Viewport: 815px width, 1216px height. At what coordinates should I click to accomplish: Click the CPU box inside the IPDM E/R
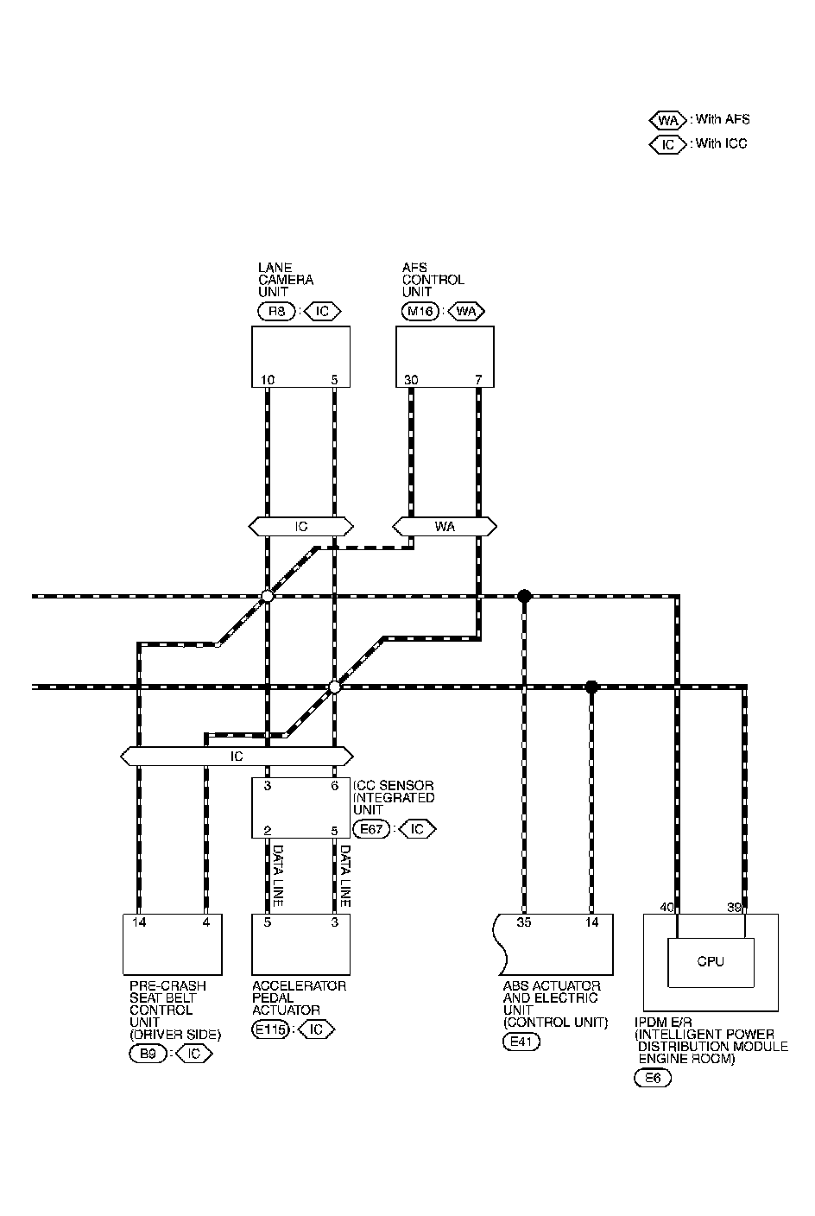711,961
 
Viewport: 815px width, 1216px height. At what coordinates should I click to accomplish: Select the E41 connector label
519,1042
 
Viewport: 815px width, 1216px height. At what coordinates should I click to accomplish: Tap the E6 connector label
652,1078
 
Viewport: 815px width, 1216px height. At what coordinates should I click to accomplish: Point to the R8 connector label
276,311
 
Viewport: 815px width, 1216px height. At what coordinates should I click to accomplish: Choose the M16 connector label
420,311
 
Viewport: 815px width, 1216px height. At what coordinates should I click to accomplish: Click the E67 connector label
372,829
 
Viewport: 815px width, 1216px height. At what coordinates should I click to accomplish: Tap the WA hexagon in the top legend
667,120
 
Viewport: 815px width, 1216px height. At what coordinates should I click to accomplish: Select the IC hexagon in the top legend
667,144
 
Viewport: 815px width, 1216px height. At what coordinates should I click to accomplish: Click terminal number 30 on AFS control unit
411,379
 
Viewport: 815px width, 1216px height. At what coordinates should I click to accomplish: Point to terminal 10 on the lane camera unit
268,379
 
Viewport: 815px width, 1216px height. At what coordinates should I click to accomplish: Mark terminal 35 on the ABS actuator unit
524,922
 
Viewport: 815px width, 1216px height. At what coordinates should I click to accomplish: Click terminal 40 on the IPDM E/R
667,907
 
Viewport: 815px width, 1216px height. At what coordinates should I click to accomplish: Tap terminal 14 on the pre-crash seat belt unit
139,922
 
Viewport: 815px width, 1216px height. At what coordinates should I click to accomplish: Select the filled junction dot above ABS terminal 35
524,596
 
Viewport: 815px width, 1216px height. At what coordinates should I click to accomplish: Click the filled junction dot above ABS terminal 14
591,687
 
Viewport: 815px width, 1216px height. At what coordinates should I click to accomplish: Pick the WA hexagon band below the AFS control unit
445,526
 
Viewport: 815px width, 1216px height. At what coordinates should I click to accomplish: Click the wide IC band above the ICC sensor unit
237,757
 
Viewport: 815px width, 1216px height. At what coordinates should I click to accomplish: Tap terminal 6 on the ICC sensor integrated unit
334,786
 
